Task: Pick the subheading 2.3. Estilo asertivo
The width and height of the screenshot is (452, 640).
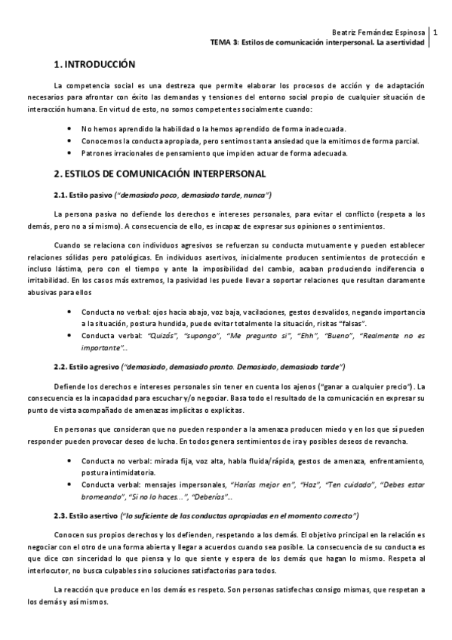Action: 88,515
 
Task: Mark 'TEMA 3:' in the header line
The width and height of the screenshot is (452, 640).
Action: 224,43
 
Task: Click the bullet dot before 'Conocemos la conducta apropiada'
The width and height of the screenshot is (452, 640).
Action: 69,140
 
